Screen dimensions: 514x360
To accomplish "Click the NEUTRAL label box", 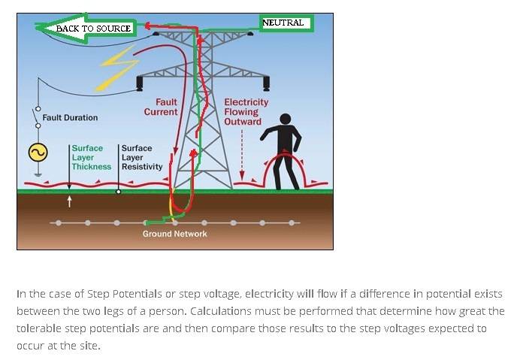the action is pos(286,23).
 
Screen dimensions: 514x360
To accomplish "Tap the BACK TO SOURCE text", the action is pos(93,29).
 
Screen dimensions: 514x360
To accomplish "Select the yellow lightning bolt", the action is pos(117,68).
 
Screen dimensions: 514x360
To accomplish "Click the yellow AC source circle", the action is pos(38,153).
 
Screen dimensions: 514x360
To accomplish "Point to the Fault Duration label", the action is pos(70,117).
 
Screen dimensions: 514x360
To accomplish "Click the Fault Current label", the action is pos(161,107).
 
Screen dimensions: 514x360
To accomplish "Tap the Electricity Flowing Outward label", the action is pos(246,112).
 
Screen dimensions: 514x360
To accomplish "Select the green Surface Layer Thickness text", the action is pos(92,157).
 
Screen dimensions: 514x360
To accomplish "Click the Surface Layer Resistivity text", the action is pos(142,157).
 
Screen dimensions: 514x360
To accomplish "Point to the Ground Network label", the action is pos(175,234).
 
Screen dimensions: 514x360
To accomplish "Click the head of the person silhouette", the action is pos(286,119).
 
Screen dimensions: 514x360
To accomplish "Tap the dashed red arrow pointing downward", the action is pos(242,155).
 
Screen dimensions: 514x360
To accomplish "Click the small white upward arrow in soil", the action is pos(69,201).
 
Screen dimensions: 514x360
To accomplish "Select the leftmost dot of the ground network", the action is pos(59,223).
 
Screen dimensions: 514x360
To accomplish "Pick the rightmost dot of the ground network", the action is pos(292,223).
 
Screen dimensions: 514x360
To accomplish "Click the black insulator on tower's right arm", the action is pos(267,83).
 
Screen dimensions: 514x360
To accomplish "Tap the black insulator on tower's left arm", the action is pos(140,83).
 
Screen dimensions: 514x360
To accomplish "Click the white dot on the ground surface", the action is pos(119,192).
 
